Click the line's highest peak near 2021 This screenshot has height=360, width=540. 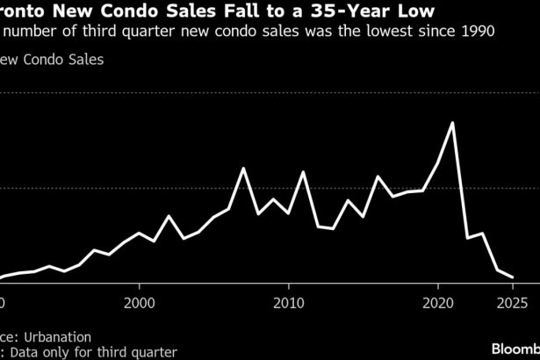[452, 122]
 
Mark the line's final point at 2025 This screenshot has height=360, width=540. [513, 277]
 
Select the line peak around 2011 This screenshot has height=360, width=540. [303, 171]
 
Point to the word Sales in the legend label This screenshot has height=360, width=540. [84, 61]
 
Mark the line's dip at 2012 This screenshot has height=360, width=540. [318, 227]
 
